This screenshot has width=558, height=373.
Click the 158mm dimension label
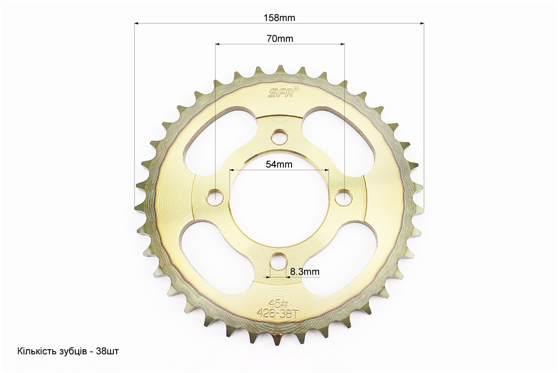279,18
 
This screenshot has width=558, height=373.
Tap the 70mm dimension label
280,38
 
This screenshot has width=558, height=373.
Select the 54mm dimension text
279,164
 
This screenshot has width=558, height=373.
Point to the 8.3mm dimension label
305,272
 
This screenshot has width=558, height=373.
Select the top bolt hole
280,137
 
